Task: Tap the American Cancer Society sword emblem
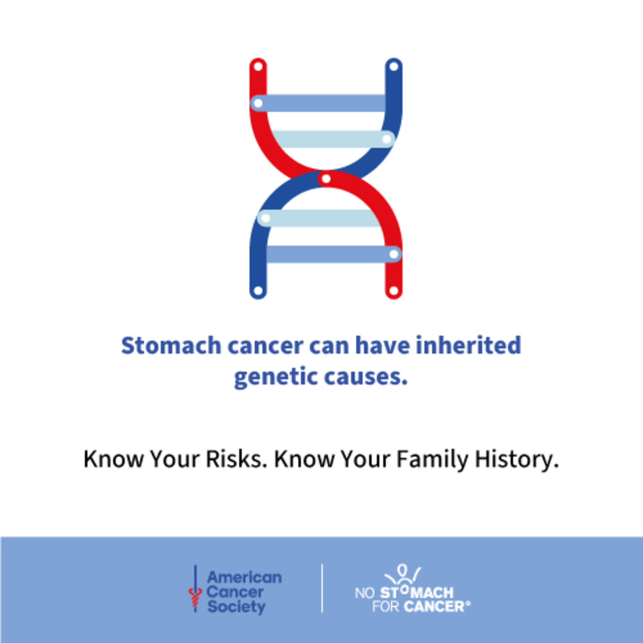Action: point(195,588)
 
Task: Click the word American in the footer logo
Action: point(244,577)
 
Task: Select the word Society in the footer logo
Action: point(236,607)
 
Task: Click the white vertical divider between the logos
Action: point(322,588)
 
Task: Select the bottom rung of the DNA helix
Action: point(330,254)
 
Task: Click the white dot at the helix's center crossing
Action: point(326,179)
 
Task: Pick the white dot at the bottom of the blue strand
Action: point(258,291)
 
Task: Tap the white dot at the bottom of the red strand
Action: point(394,291)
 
